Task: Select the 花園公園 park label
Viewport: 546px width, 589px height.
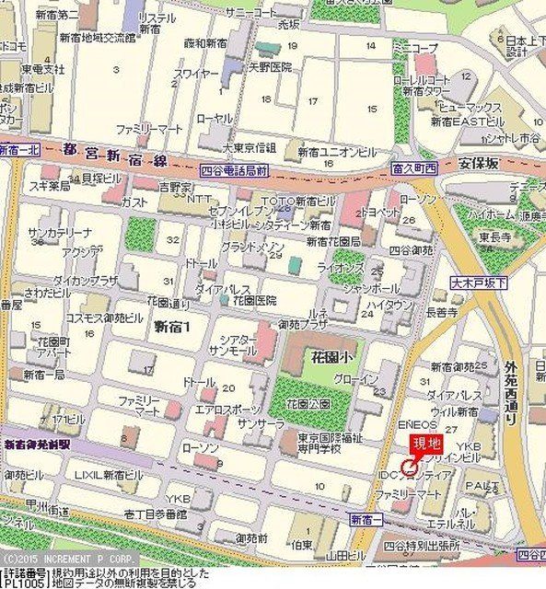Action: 308,403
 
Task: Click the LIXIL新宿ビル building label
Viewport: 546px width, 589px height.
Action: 109,475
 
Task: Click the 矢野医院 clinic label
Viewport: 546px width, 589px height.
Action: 270,67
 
